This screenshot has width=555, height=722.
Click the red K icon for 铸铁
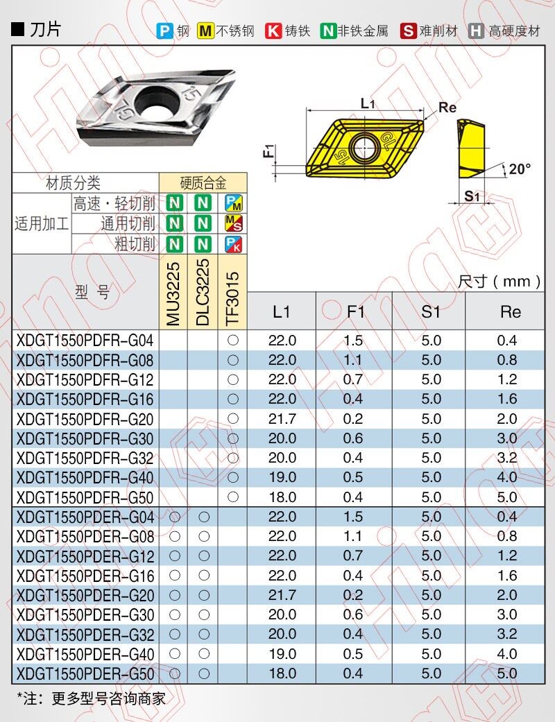click(x=273, y=31)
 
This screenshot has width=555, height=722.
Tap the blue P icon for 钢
click(x=164, y=31)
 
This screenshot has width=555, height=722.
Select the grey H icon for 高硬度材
click(x=476, y=31)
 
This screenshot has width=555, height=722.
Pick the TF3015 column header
click(x=232, y=298)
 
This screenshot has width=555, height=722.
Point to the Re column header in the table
click(x=511, y=312)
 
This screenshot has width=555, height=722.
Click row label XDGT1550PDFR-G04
click(x=85, y=341)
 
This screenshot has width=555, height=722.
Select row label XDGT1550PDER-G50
click(x=85, y=674)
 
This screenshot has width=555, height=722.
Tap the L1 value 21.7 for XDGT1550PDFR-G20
click(x=282, y=419)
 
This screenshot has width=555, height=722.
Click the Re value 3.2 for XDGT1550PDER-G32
click(x=507, y=634)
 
